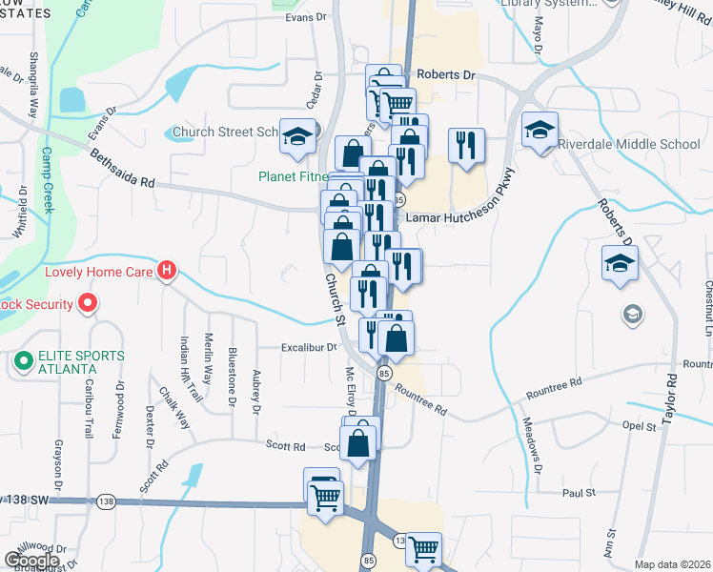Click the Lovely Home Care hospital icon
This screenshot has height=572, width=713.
167,272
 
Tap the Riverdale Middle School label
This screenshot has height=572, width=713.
632,145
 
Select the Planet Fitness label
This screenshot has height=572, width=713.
295,176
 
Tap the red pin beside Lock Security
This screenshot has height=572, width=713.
88,304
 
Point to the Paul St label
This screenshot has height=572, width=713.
578,493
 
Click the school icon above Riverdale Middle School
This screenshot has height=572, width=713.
540,129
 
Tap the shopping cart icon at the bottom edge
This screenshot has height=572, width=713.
423,548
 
